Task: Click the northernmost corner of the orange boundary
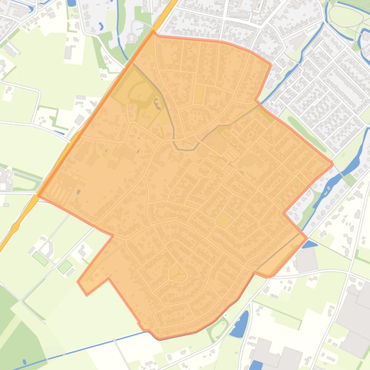pos(153,32)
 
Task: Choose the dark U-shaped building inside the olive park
pos(157,103)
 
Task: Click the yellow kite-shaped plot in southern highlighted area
pos(178,273)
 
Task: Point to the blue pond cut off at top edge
pos(72,2)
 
